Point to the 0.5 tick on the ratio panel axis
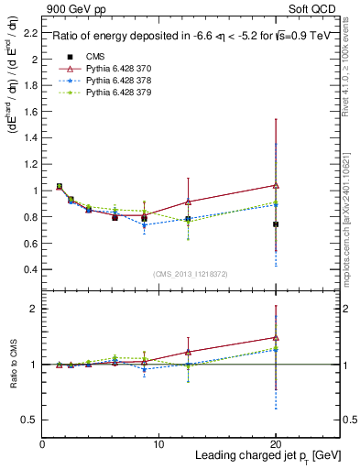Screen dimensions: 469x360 pyautogui.click(x=32, y=420)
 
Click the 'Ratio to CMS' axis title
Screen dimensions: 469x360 pyautogui.click(x=12, y=364)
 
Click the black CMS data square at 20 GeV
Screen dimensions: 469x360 pyautogui.click(x=276, y=224)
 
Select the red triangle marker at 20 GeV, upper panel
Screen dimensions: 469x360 pyautogui.click(x=276, y=185)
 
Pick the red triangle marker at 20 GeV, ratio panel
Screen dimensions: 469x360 pyautogui.click(x=276, y=337)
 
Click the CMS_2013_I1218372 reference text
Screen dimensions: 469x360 pyautogui.click(x=191, y=275)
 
